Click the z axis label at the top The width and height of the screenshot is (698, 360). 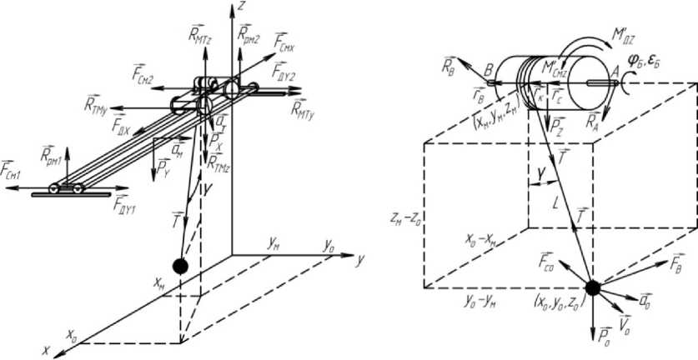click(x=242, y=7)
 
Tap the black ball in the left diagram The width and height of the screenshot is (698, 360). click(x=178, y=267)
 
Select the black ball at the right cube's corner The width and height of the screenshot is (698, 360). click(x=591, y=287)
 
